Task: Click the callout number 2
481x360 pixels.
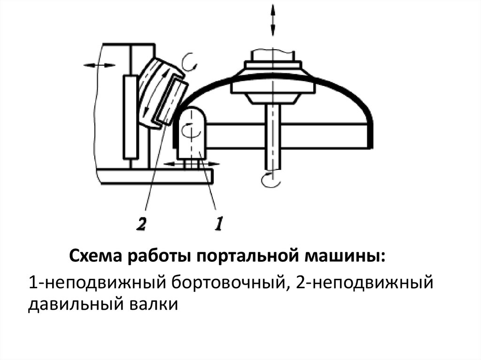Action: click(140, 224)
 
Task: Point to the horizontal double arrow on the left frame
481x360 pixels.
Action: click(99, 65)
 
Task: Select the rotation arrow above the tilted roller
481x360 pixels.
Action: click(190, 61)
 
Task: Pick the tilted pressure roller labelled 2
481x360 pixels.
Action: click(162, 94)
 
